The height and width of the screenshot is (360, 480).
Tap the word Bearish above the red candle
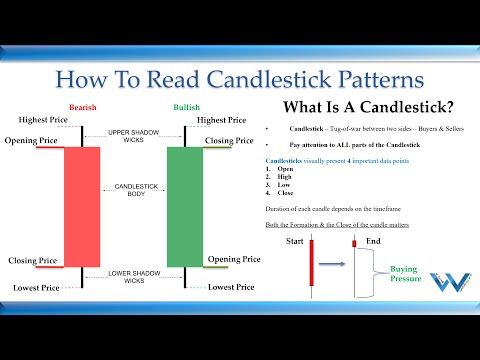[82, 108]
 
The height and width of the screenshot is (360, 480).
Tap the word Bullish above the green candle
[186, 108]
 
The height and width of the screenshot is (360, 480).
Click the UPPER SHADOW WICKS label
[133, 136]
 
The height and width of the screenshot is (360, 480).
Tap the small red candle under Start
[311, 268]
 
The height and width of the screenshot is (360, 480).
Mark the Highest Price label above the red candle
[38, 121]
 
